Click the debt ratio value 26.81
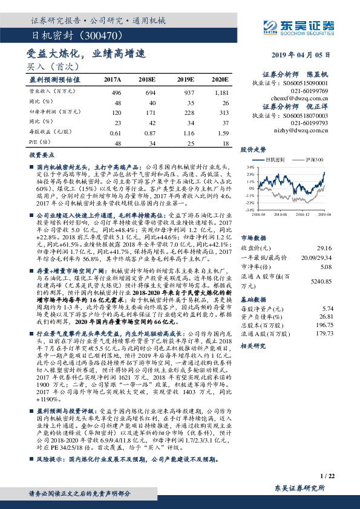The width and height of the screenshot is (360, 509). (324, 316)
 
